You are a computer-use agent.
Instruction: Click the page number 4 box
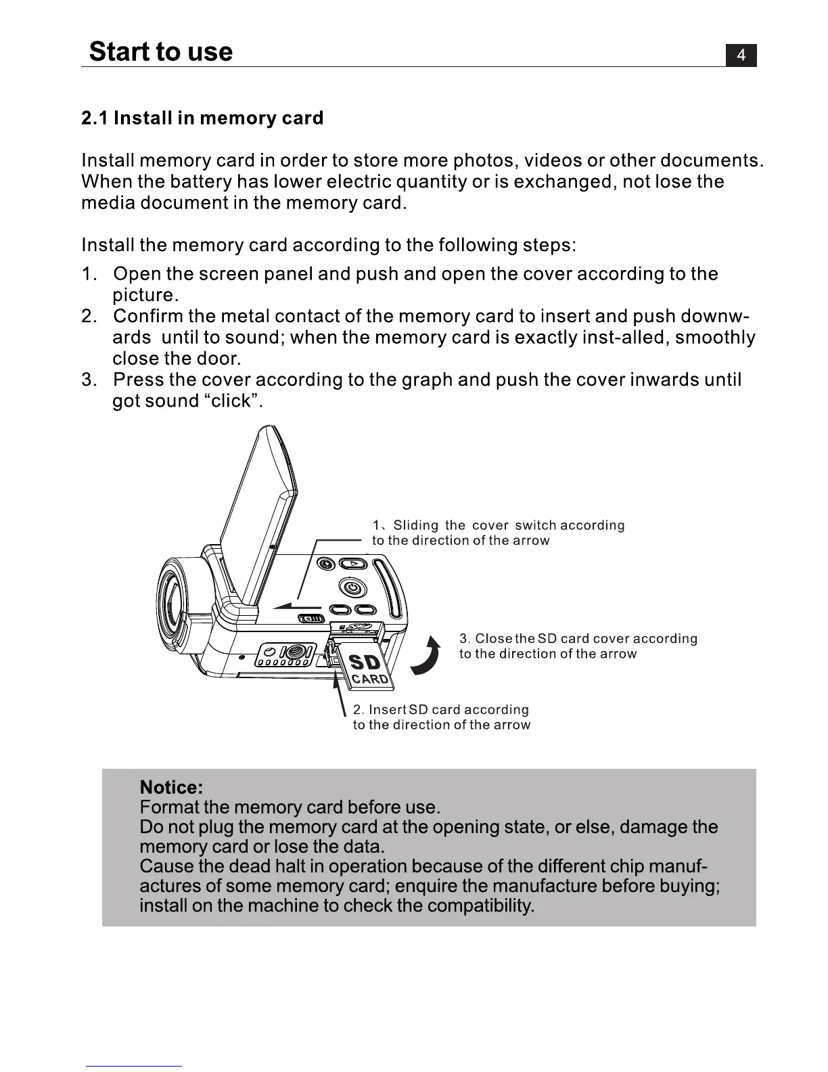pos(741,55)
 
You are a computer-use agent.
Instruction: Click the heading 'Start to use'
pos(161,51)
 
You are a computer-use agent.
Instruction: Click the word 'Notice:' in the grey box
pos(171,787)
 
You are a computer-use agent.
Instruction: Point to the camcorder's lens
pos(172,596)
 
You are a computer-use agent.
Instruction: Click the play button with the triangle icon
pos(352,563)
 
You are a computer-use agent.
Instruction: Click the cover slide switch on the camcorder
pos(312,619)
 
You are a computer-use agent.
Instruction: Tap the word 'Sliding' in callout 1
pos(416,526)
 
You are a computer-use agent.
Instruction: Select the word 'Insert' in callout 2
pos(387,710)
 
